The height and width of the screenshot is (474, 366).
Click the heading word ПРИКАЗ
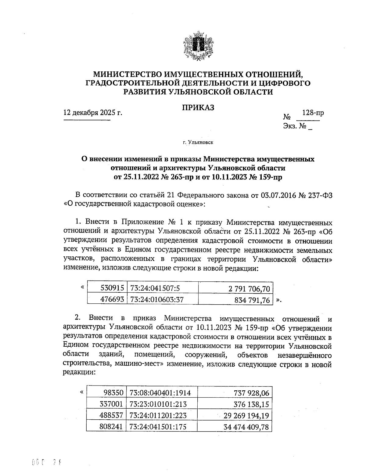click(198, 108)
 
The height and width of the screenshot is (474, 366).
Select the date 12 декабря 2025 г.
click(93, 113)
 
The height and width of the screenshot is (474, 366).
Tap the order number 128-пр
click(313, 113)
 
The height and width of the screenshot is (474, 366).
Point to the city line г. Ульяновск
click(198, 142)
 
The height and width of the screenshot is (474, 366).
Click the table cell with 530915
click(112, 288)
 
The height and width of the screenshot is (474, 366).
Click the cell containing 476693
click(112, 299)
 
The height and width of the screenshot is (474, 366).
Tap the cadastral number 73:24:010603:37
click(157, 299)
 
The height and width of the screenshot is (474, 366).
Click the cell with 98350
click(113, 393)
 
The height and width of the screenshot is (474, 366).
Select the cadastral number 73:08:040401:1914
click(160, 393)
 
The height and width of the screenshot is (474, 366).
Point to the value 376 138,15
click(251, 404)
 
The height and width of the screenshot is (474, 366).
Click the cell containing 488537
click(111, 416)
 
